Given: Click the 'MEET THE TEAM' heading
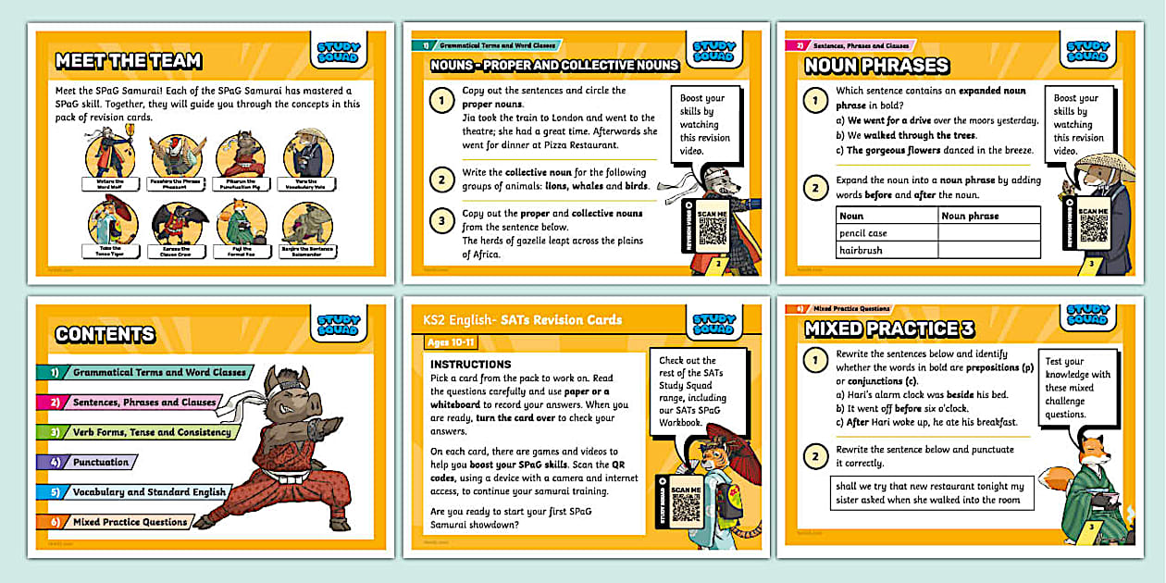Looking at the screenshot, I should point(128,62).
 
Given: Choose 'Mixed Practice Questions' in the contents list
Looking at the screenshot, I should point(130,522).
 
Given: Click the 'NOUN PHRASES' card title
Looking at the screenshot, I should point(876,66).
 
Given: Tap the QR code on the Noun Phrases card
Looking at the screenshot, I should point(1093,229).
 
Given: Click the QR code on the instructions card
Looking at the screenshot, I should point(686,508).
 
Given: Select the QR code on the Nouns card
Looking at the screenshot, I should point(713,230).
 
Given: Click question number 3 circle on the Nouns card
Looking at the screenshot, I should point(442,220).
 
